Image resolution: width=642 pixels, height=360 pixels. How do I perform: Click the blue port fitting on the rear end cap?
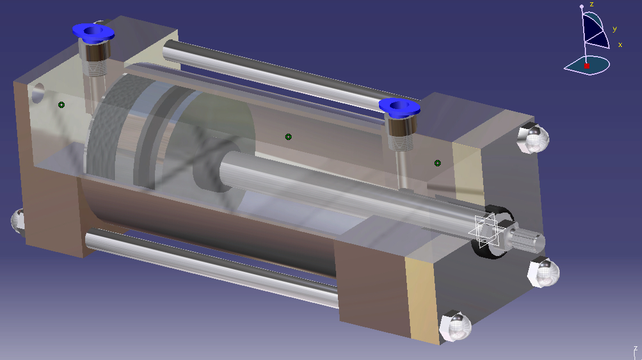click(x=93, y=33)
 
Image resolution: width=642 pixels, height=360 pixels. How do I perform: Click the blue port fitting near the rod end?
click(x=399, y=107)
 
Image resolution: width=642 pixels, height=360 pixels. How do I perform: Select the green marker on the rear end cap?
click(x=61, y=105)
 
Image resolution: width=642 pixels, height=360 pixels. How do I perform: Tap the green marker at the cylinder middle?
click(x=288, y=137)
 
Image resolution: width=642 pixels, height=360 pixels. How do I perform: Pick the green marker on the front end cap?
click(x=437, y=163)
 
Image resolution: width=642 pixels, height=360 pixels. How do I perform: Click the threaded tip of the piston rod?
click(x=528, y=239)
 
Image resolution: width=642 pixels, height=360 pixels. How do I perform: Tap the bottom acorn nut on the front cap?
click(x=455, y=326)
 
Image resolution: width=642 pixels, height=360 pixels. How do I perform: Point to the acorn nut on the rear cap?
click(x=18, y=221)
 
